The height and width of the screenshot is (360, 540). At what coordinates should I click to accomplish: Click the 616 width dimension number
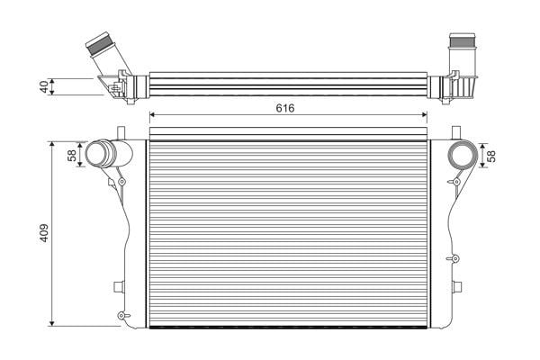point(285,108)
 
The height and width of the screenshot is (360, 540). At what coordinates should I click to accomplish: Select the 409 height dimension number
point(44,233)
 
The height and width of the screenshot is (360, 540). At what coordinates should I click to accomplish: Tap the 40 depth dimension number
point(44,86)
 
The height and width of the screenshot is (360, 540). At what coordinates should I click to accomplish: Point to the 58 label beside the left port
point(72,156)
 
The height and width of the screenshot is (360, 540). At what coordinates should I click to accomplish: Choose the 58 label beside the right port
point(491,156)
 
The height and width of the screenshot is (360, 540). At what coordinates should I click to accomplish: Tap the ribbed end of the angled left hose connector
point(100,44)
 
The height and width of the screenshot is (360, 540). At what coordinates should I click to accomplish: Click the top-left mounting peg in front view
point(121,133)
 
